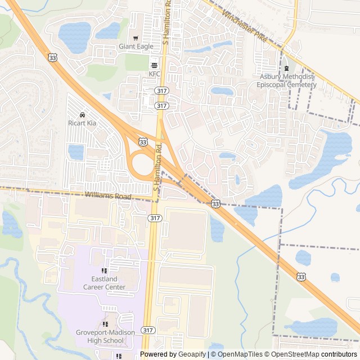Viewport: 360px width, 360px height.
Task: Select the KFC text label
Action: pyautogui.click(x=155, y=74)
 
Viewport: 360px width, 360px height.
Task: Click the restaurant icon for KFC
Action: pyautogui.click(x=155, y=65)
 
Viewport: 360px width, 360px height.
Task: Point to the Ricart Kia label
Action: pyautogui.click(x=83, y=122)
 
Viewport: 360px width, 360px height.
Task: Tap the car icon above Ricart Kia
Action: pyautogui.click(x=83, y=114)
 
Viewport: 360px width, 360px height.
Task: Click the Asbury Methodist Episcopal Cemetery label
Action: pyautogui.click(x=286, y=80)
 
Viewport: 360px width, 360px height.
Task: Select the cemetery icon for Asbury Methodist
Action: pyautogui.click(x=286, y=69)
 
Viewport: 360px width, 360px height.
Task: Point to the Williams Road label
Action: pyautogui.click(x=108, y=196)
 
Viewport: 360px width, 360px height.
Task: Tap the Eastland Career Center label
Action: pyautogui.click(x=104, y=283)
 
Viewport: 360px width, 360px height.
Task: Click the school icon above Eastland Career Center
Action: pyautogui.click(x=104, y=271)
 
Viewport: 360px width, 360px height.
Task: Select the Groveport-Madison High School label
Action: pyautogui.click(x=106, y=336)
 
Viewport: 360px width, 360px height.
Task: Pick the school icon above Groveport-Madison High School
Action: pyautogui.click(x=106, y=324)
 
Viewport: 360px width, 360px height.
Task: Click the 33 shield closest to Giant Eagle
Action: pyautogui.click(x=52, y=57)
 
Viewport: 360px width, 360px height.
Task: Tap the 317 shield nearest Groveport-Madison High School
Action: pyautogui.click(x=148, y=330)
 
